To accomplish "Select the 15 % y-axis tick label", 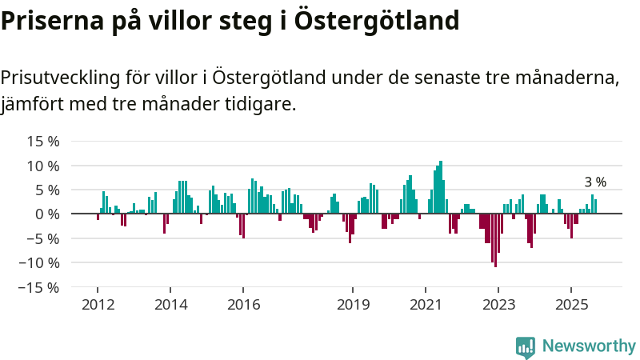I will point(44,142).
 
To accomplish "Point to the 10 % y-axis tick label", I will point(44,166).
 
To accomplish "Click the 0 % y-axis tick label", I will point(48,214).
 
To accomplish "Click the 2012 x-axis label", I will point(98,305).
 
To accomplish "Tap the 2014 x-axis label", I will point(170,305).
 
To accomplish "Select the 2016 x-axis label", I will point(244,305).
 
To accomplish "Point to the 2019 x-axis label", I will point(353,305).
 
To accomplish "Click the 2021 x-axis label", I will point(426,305).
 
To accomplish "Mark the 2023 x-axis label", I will point(498,305).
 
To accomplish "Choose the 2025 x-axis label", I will point(571,305).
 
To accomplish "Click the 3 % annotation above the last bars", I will point(595,182).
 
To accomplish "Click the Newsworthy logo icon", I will point(526,346).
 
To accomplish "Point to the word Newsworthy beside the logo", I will point(589,346).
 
